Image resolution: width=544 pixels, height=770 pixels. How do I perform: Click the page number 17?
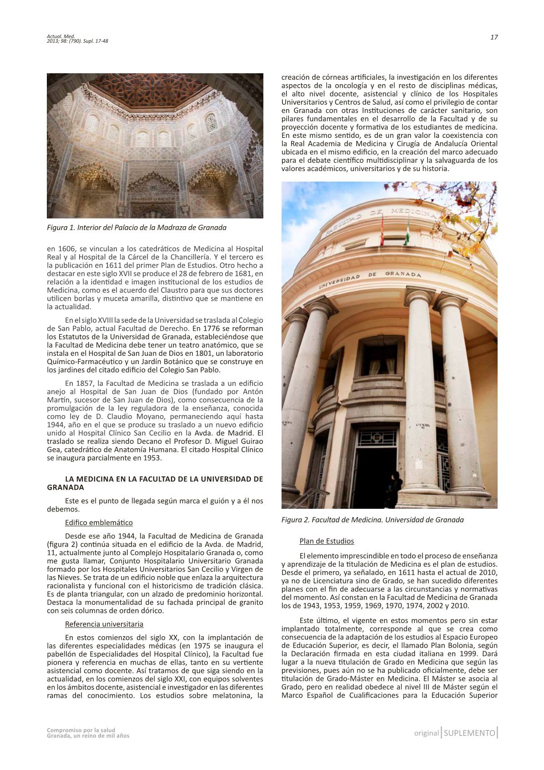(x=494, y=38)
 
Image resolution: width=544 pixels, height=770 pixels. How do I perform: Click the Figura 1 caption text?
(x=136, y=227)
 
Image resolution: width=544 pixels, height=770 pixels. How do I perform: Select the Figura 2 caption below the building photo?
(x=373, y=520)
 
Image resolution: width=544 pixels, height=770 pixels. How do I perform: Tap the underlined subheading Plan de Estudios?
(x=327, y=541)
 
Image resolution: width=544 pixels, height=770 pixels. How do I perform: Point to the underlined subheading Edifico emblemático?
(x=99, y=522)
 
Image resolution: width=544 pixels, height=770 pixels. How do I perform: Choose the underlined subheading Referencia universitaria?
(x=104, y=624)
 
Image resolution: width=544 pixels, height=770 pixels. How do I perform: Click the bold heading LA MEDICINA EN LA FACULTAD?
(x=155, y=483)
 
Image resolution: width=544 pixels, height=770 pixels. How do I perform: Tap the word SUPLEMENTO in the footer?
(x=469, y=733)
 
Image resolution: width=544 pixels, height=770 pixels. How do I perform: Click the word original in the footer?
(x=426, y=733)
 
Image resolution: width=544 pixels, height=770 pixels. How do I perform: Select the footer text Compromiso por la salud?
(x=81, y=730)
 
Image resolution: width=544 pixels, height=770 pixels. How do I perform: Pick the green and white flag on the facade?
(x=408, y=228)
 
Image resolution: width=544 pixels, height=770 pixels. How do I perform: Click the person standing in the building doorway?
(x=394, y=489)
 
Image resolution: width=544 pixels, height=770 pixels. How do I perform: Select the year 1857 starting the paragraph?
(x=74, y=383)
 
